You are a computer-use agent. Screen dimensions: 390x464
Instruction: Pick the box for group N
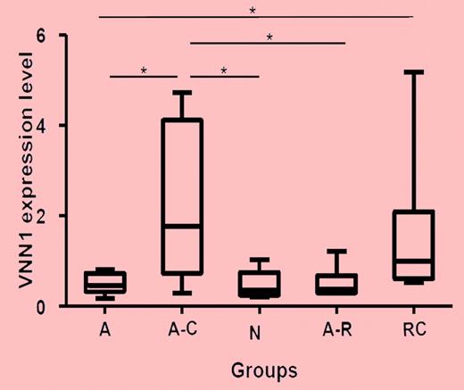pyautogui.click(x=258, y=284)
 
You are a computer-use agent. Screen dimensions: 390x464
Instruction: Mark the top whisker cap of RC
pyautogui.click(x=413, y=71)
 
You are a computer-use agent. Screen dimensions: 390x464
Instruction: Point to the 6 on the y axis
pyautogui.click(x=39, y=35)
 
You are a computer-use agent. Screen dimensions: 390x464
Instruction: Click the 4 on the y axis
pyautogui.click(x=39, y=125)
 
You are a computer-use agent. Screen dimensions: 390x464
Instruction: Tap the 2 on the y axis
pyautogui.click(x=39, y=216)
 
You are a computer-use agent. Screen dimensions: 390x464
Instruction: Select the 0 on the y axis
pyautogui.click(x=39, y=306)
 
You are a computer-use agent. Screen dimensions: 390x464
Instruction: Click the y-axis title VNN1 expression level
pyautogui.click(x=14, y=170)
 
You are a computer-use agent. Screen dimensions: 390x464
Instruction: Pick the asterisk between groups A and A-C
pyautogui.click(x=145, y=71)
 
